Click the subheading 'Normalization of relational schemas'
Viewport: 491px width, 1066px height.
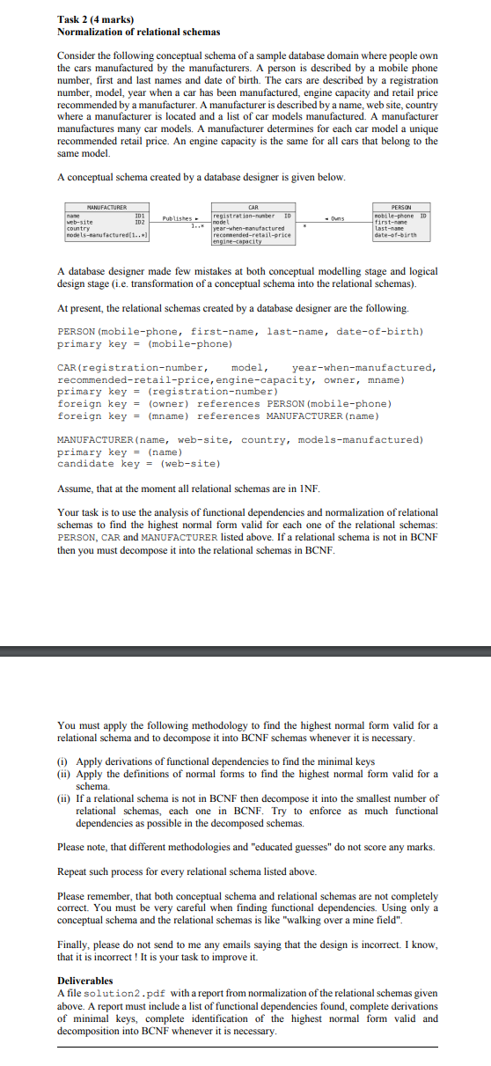coord(126,32)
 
